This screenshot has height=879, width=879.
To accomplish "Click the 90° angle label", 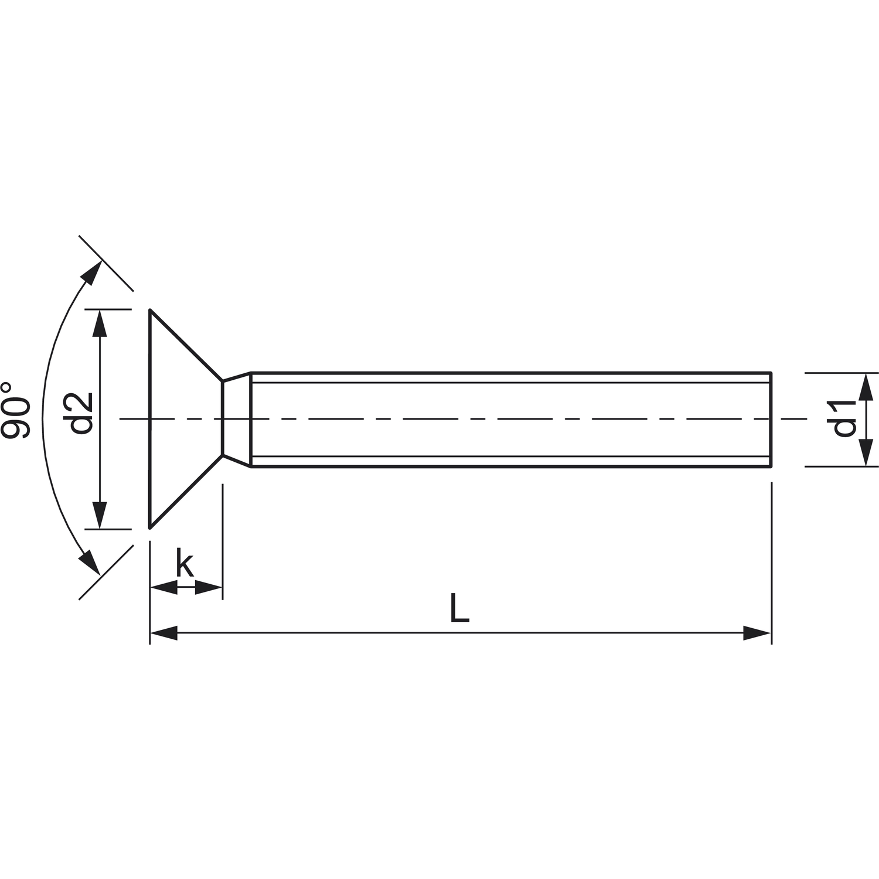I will [16, 410].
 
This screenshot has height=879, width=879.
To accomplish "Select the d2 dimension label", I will [81, 413].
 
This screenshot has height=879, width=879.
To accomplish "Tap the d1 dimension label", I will [844, 418].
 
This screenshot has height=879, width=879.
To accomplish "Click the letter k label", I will [185, 564].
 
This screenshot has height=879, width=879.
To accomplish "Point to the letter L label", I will [459, 608].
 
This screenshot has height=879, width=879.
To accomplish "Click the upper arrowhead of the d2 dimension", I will [101, 322].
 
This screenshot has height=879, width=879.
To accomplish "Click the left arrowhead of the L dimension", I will [164, 633].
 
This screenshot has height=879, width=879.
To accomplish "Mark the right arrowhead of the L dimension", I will [757, 633].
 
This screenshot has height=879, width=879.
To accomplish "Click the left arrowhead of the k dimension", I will [163, 587].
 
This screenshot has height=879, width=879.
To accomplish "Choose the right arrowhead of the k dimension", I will [209, 587].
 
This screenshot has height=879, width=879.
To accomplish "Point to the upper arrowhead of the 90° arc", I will [91, 272].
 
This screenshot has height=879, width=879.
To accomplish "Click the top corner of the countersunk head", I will [151, 310].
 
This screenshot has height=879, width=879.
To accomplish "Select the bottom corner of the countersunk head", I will [151, 527].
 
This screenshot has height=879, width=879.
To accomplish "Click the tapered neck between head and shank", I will [237, 419].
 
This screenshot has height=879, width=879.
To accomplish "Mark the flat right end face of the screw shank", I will [771, 419].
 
